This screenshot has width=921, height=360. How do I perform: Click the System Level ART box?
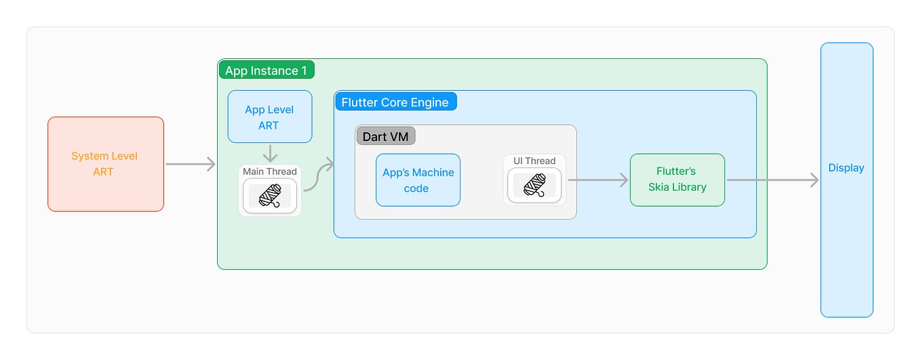point(105,164)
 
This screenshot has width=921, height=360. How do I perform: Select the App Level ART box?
point(269,117)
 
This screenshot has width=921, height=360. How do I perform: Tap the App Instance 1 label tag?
point(266,71)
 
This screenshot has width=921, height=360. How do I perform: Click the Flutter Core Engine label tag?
point(395,102)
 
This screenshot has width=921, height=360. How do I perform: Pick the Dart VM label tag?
point(385,136)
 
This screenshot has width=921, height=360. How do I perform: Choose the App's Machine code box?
point(418,180)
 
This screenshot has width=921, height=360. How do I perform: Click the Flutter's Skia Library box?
point(677,180)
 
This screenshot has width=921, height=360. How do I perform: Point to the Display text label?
point(846,168)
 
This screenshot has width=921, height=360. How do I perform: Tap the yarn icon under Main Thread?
point(270,196)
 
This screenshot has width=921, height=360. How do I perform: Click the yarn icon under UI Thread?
point(534,185)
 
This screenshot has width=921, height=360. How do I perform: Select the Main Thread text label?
point(270,172)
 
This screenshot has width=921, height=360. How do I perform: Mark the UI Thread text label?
point(534,161)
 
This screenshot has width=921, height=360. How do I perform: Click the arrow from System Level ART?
point(190,164)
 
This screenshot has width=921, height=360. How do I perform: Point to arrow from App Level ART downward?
point(270,153)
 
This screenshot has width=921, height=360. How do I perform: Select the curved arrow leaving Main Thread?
point(319,176)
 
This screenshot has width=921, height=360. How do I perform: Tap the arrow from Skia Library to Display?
point(772,180)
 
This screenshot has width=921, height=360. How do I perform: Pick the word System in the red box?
point(90,156)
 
